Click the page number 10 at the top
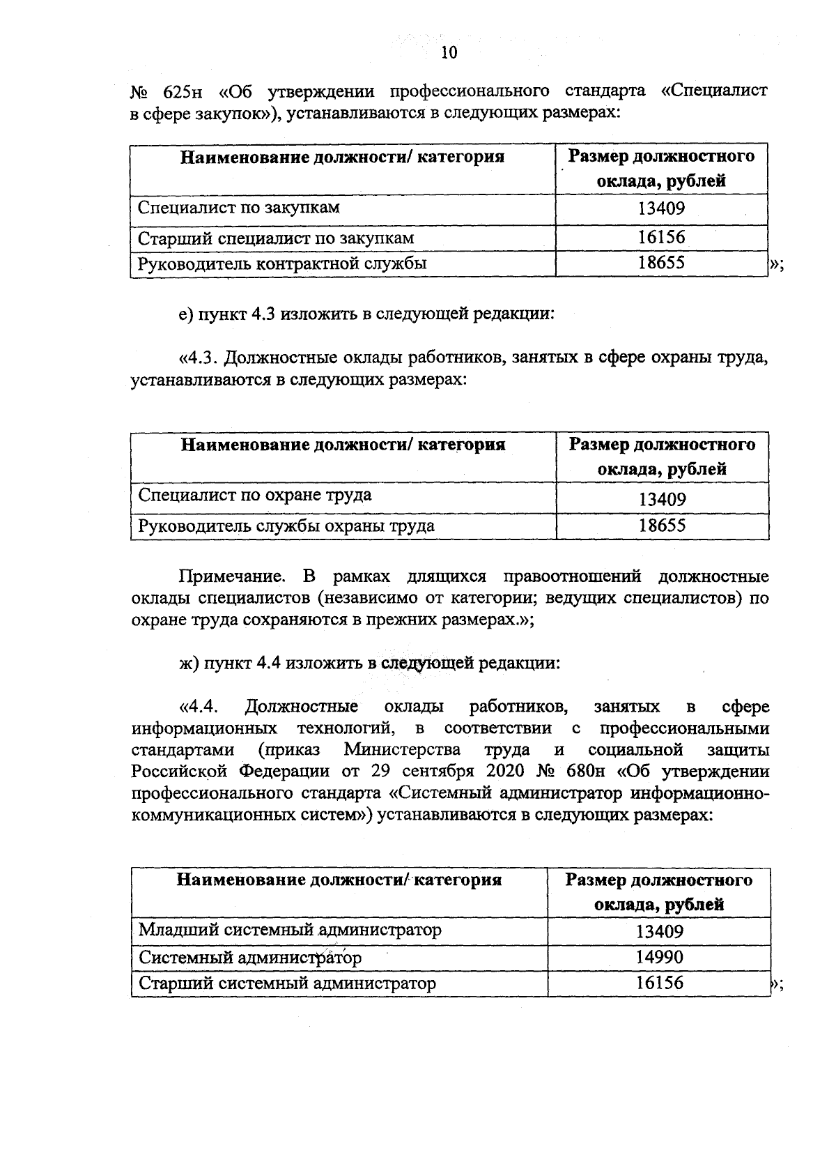pos(449,53)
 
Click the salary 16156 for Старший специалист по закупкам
pos(662,237)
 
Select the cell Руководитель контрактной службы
pos(282,263)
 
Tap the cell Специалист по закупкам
pos(239,207)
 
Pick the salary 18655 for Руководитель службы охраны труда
pos(663,525)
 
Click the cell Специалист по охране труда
pos(255,495)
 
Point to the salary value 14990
pos(660,956)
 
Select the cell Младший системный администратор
pos(290,929)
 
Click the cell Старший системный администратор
pos(287,983)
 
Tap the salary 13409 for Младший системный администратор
pos(660,931)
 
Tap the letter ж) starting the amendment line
pos(187,662)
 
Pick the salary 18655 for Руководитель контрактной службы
pos(662,263)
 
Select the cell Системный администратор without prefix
pos(250,956)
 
